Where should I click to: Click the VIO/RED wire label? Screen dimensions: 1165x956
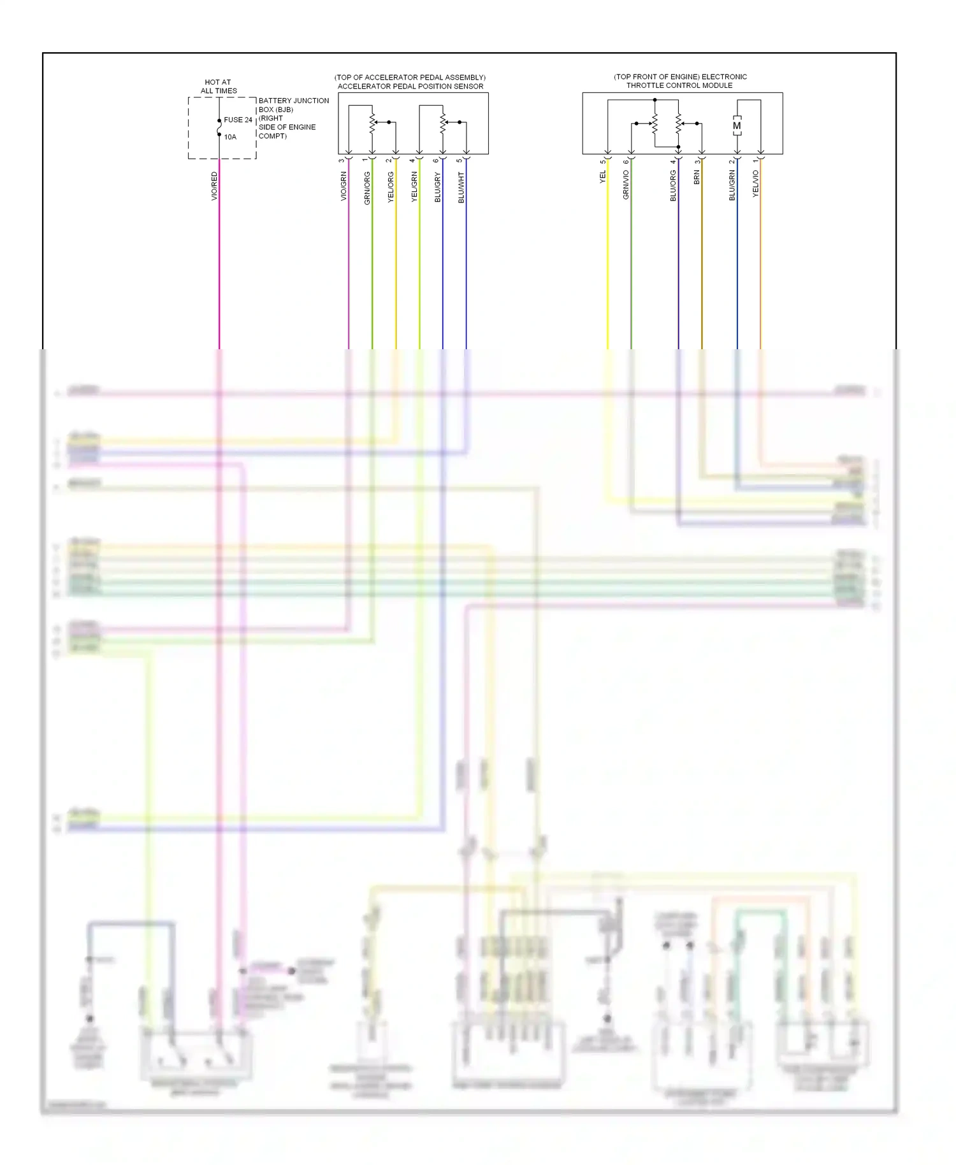(214, 186)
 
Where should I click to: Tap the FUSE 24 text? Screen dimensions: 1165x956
(238, 120)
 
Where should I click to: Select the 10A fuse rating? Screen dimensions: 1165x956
(230, 137)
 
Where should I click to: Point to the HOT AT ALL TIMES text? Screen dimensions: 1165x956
(219, 87)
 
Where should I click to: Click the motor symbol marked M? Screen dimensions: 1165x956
(737, 126)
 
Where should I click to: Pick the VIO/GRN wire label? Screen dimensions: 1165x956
(344, 186)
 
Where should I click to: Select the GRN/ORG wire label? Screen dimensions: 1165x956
(367, 188)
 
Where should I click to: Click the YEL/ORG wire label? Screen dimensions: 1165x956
(391, 187)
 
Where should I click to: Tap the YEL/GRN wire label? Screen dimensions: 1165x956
(414, 187)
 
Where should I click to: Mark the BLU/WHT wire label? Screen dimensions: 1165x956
(461, 187)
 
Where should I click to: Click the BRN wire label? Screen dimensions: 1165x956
(697, 177)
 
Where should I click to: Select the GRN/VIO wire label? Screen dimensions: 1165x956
(626, 185)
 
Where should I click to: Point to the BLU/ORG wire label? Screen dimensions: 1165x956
(673, 186)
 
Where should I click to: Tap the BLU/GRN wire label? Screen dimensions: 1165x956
(732, 185)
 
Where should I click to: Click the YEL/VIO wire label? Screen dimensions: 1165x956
(756, 184)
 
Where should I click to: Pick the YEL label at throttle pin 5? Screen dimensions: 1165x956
(602, 177)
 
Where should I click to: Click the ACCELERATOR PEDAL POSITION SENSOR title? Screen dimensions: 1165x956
(410, 87)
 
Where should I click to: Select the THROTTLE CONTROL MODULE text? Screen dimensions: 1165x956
(679, 85)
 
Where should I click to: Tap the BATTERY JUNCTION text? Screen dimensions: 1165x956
(294, 101)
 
